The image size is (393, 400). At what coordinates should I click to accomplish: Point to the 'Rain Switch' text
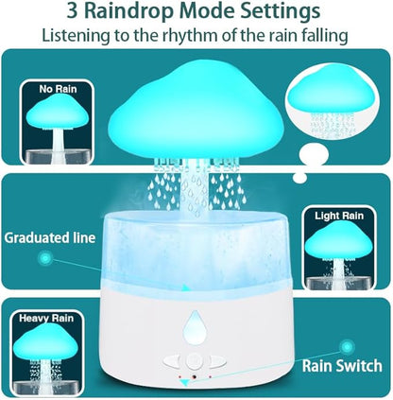341,363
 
